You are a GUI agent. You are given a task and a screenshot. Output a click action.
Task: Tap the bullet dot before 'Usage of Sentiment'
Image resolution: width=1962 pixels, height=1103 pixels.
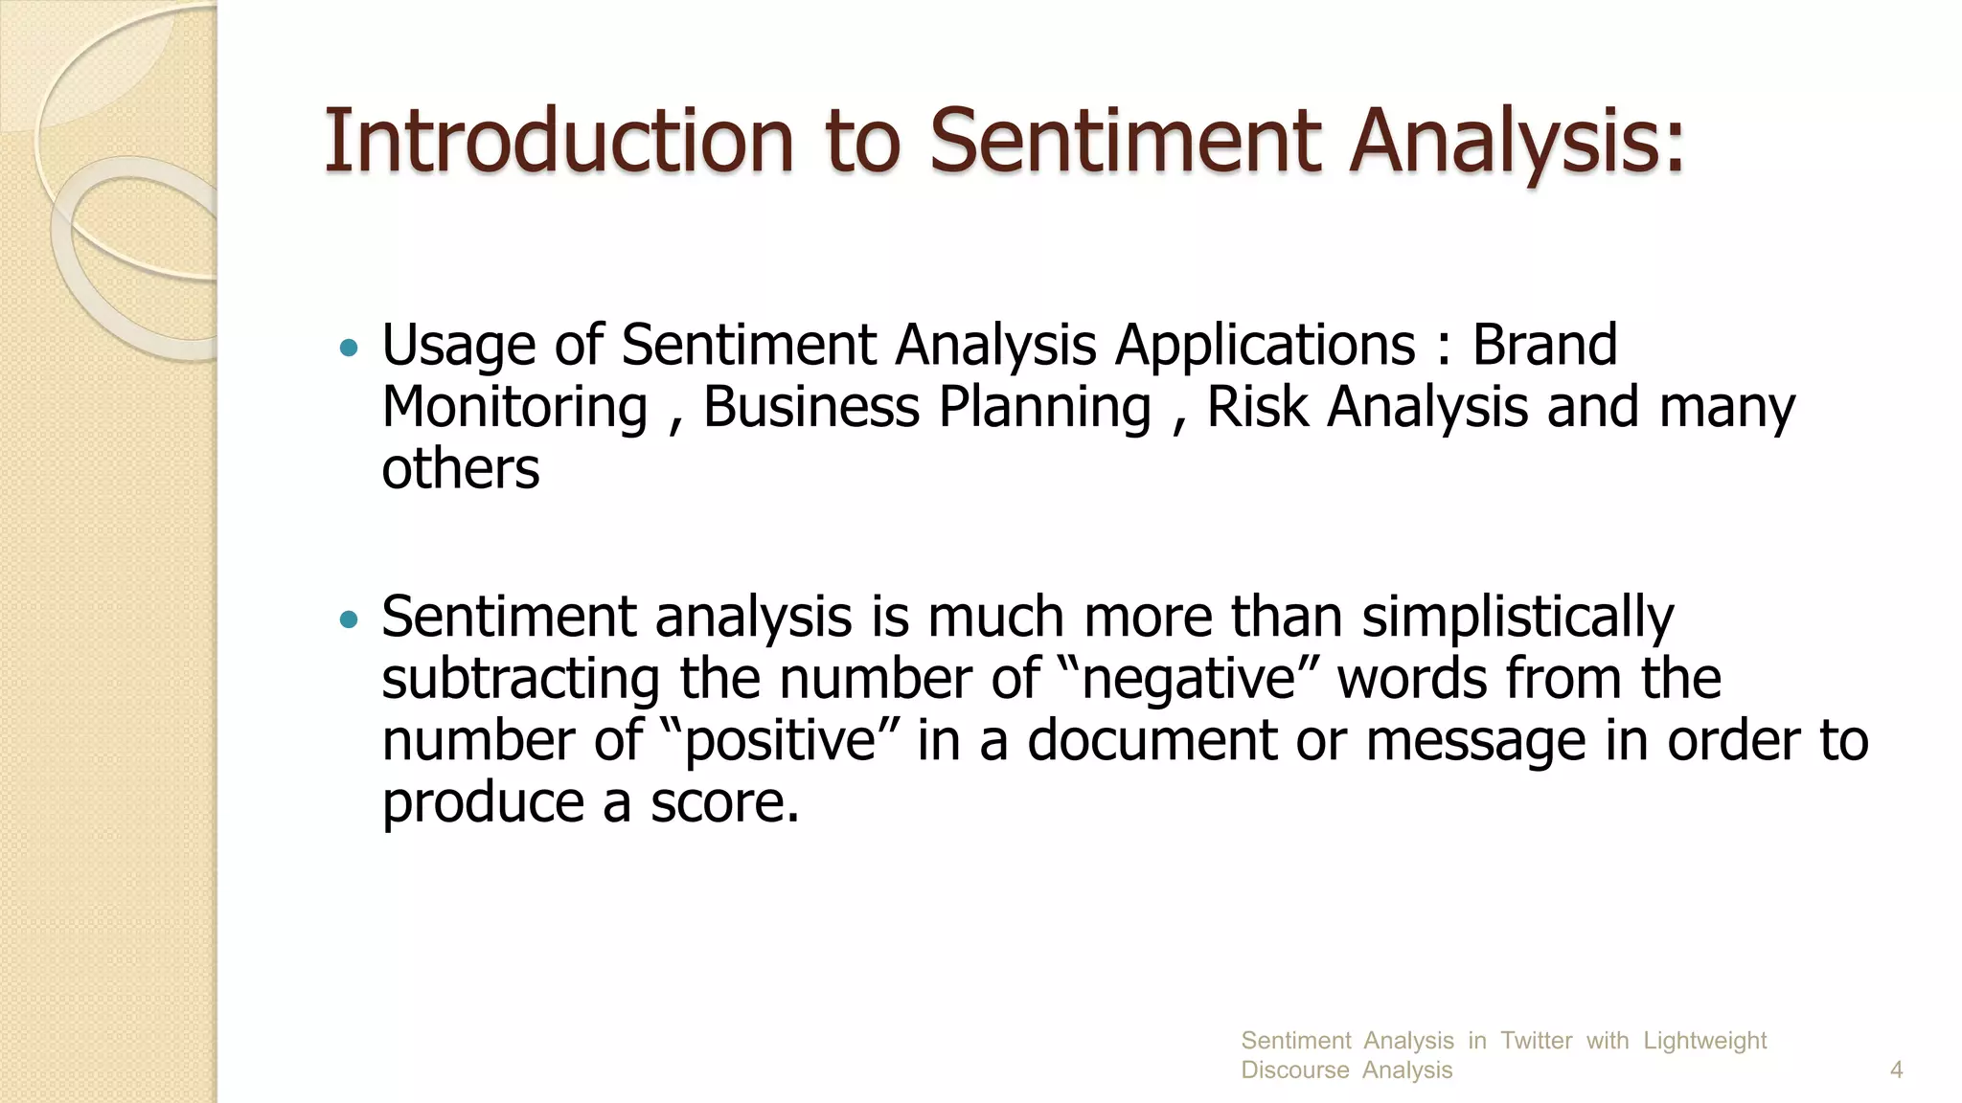[349, 348]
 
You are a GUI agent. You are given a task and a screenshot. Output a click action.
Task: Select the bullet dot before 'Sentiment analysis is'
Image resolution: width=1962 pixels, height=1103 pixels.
[349, 619]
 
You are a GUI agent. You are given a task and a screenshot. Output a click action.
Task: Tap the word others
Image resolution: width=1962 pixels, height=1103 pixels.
[461, 469]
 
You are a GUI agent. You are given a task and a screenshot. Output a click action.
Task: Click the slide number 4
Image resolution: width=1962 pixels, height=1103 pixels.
[1896, 1069]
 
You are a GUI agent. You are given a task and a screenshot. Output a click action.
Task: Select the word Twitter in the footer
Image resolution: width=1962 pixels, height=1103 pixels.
[1536, 1040]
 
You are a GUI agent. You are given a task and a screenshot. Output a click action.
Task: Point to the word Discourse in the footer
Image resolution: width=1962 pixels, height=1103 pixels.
[1294, 1069]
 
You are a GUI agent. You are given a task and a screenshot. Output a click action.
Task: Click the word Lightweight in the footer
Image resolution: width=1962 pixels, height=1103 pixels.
[1704, 1040]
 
